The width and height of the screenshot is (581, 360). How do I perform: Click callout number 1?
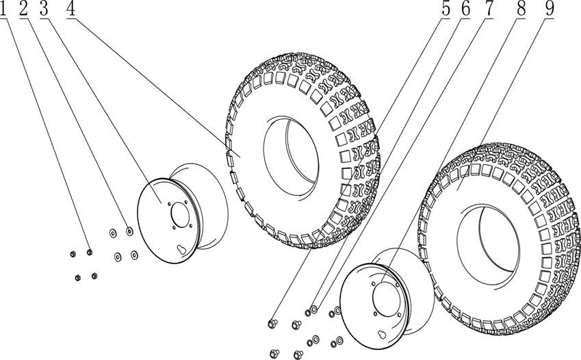pyautogui.click(x=5, y=9)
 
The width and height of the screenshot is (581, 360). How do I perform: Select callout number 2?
pyautogui.click(x=24, y=9)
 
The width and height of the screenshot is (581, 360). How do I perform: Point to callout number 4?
pyautogui.click(x=70, y=9)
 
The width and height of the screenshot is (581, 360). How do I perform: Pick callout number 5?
pyautogui.click(x=446, y=9)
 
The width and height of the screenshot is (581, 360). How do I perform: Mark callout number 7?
pyautogui.click(x=489, y=9)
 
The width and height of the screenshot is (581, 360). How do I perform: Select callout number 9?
pyautogui.click(x=549, y=9)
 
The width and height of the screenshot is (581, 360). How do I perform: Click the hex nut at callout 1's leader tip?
pyautogui.click(x=90, y=253)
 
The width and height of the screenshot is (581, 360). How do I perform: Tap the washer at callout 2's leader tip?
pyautogui.click(x=129, y=231)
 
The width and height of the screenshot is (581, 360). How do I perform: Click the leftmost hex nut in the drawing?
pyautogui.click(x=73, y=254)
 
